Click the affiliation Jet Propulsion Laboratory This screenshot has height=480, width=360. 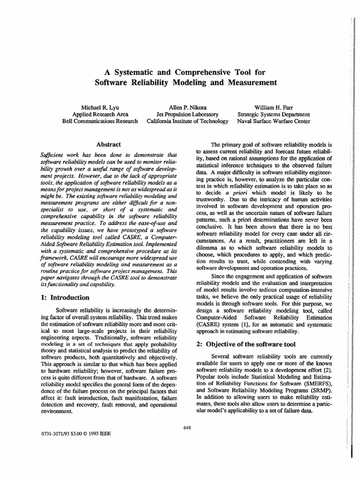click(x=187, y=113)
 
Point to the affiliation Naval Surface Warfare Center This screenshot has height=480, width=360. click(x=274, y=121)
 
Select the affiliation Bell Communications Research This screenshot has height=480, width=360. click(x=100, y=121)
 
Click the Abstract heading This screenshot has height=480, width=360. click(x=108, y=145)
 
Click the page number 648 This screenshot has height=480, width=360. click(x=187, y=427)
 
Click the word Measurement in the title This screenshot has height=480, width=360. click(x=251, y=83)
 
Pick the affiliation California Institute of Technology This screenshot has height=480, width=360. click(x=187, y=121)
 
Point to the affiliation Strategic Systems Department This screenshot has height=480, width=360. click(x=274, y=113)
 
